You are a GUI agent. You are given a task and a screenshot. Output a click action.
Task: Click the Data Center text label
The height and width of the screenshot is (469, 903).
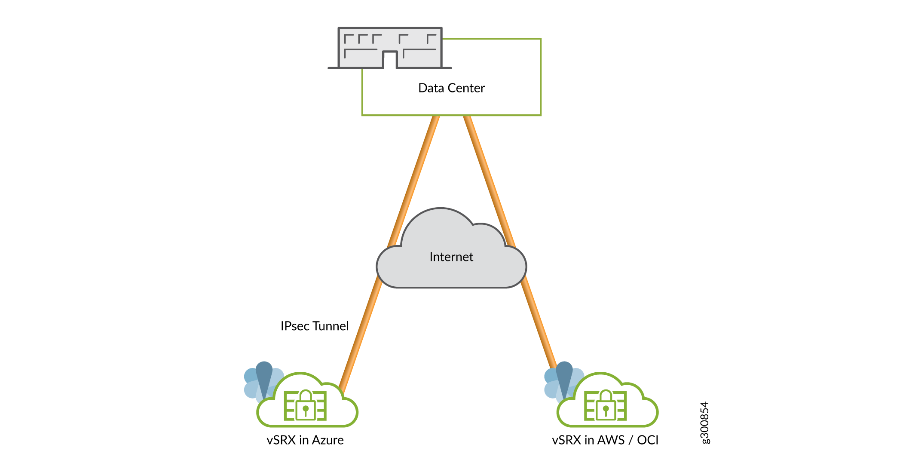click(x=451, y=88)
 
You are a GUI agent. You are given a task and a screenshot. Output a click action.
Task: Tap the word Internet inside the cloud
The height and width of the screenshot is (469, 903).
click(x=451, y=257)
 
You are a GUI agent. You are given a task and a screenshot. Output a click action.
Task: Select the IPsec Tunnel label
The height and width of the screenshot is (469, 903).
click(x=314, y=326)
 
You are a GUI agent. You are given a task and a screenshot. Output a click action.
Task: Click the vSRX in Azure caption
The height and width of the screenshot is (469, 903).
click(x=305, y=440)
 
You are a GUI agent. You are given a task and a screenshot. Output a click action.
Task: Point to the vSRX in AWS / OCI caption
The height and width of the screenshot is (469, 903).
click(x=605, y=440)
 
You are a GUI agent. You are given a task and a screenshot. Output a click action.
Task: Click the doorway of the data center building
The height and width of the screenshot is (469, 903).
click(x=390, y=61)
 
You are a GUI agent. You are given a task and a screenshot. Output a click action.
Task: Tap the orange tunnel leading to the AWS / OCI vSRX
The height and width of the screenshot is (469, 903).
click(x=537, y=318)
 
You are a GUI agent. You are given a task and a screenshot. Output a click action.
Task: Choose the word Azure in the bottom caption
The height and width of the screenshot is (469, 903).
click(x=328, y=440)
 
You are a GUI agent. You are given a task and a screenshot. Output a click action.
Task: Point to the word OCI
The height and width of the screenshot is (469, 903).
click(x=648, y=440)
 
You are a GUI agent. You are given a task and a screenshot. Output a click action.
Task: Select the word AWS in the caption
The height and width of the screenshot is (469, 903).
click(x=611, y=440)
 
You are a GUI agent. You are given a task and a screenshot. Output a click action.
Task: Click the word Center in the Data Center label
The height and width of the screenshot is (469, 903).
click(x=466, y=88)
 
